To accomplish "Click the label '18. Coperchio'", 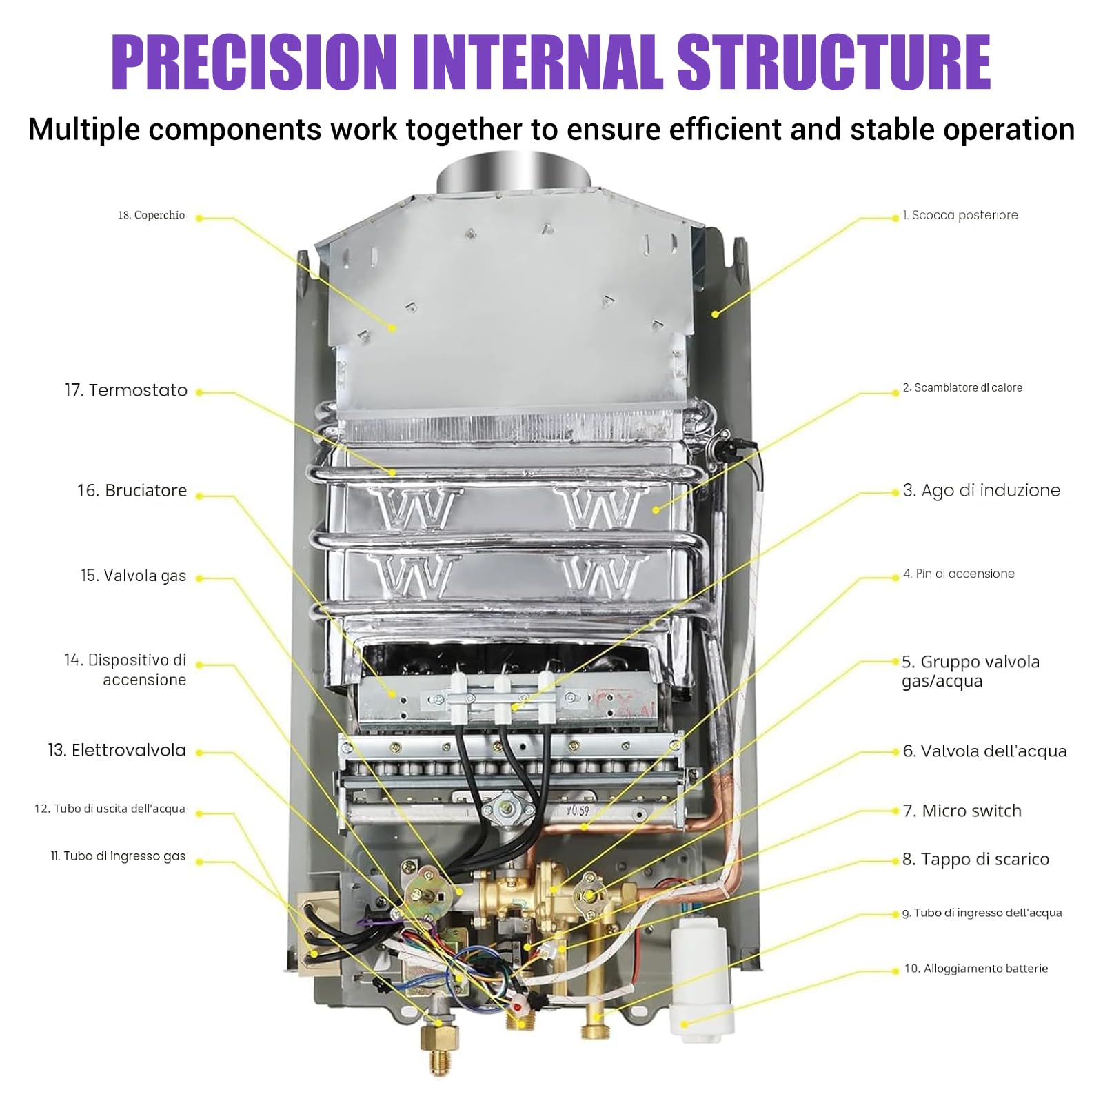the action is [151, 215].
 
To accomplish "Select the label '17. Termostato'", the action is [125, 390].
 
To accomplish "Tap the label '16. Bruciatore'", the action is [132, 490].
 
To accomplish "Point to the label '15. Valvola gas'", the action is [133, 576].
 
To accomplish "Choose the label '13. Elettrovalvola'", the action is [117, 750].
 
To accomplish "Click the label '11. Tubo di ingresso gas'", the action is [118, 856].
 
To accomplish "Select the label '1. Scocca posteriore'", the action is [960, 215].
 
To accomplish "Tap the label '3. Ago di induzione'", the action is [982, 490].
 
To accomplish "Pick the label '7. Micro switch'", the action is [962, 811].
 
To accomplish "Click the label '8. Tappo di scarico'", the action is [976, 859].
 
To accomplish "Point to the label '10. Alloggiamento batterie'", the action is [976, 969].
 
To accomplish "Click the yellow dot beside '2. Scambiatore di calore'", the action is [897, 393].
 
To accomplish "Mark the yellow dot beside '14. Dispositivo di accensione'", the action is [199, 665].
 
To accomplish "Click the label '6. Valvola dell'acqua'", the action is [985, 751].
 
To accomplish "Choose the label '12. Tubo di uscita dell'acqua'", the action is [110, 809].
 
